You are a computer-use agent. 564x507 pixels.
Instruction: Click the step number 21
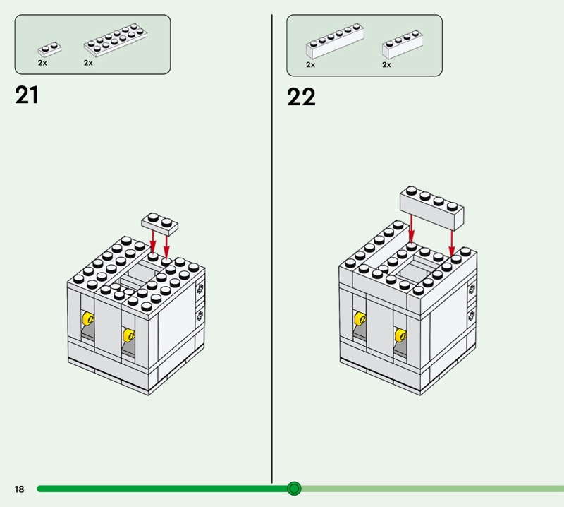pos(27,95)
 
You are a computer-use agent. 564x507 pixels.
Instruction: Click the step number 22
pos(301,97)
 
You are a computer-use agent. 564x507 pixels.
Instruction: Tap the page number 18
pos(20,489)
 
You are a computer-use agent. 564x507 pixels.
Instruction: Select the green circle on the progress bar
pos(294,489)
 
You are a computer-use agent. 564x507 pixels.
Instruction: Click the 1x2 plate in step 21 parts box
pos(49,49)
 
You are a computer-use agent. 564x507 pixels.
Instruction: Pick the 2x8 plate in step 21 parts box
pos(116,40)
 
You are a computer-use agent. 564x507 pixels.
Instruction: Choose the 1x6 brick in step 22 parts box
pos(335,41)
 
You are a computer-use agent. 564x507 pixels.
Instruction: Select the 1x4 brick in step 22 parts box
pos(403,44)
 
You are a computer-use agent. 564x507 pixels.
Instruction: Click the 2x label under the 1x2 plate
pos(42,63)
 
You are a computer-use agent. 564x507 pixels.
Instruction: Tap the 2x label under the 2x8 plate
pos(88,63)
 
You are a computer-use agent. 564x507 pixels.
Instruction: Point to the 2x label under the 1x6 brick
pos(311,64)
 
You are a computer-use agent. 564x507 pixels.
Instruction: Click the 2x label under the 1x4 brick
pos(386,64)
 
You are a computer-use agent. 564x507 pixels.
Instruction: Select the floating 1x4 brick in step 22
pos(431,208)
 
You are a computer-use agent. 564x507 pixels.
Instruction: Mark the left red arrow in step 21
pos(153,242)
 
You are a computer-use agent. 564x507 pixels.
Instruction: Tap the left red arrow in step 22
pos(411,228)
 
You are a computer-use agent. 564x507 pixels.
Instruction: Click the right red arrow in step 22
pos(452,243)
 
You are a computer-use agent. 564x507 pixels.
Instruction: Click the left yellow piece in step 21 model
pos(88,318)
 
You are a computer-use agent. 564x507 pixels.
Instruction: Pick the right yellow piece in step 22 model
pos(400,335)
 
